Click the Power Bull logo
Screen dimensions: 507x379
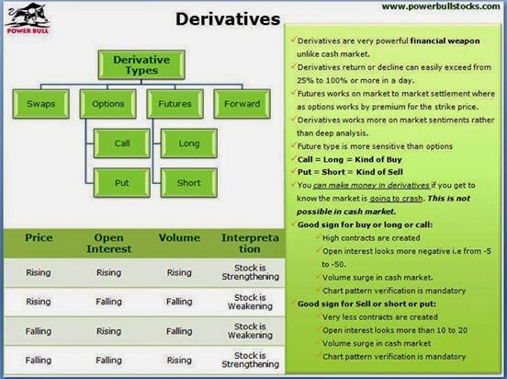[x=28, y=18]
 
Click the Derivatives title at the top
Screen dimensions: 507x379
[x=228, y=18]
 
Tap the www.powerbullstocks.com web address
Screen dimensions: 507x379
[x=441, y=6]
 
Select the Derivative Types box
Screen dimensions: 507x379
[x=141, y=64]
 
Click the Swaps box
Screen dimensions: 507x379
[x=40, y=104]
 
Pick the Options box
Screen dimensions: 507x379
[x=108, y=104]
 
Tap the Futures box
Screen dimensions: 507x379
[x=175, y=104]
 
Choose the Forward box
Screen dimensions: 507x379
[x=242, y=104]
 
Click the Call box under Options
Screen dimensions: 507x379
[x=122, y=144]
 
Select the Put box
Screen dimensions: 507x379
[x=122, y=183]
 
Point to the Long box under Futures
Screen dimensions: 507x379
[x=189, y=144]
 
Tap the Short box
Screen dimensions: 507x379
[x=189, y=183]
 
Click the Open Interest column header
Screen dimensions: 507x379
[x=109, y=243]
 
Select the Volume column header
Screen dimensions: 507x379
[x=179, y=237]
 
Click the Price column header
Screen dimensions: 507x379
[x=39, y=237]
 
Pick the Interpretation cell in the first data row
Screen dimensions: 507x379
[x=250, y=272]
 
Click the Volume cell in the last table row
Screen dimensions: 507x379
[x=179, y=361]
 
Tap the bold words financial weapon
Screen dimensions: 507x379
[x=445, y=41]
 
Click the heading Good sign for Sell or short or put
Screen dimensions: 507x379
[x=366, y=304]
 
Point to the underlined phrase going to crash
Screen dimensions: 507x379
[x=396, y=199]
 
